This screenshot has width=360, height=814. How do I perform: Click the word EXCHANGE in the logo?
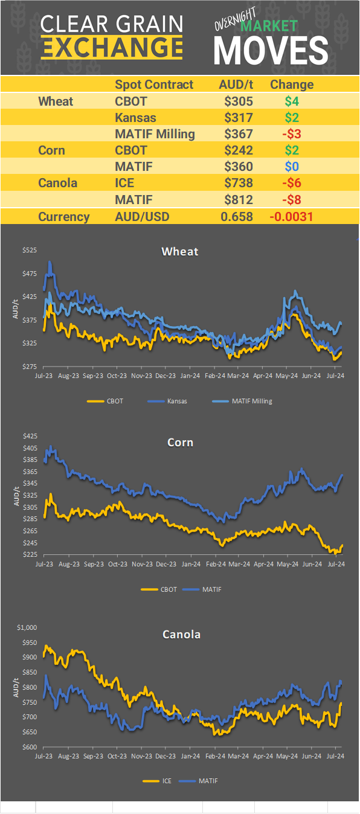pyautogui.click(x=112, y=47)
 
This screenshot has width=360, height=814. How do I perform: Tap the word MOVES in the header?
pyautogui.click(x=271, y=50)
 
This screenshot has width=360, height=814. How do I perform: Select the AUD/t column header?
pyautogui.click(x=236, y=85)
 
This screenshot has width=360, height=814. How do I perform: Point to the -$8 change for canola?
pyautogui.click(x=291, y=199)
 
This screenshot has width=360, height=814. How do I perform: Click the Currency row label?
pyautogui.click(x=63, y=217)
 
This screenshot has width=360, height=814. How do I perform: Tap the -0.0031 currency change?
pyautogui.click(x=291, y=217)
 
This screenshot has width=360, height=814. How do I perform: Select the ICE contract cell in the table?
pyautogui.click(x=125, y=183)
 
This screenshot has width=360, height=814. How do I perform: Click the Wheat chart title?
pyautogui.click(x=180, y=251)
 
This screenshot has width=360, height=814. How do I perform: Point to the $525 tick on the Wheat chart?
pyautogui.click(x=30, y=251)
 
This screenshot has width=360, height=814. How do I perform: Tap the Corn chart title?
pyautogui.click(x=180, y=443)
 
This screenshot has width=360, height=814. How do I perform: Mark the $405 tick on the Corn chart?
pyautogui.click(x=30, y=448)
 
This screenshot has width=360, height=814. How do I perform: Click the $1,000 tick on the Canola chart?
pyautogui.click(x=27, y=627)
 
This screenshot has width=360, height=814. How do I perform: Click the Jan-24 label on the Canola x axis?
pyautogui.click(x=191, y=755)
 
